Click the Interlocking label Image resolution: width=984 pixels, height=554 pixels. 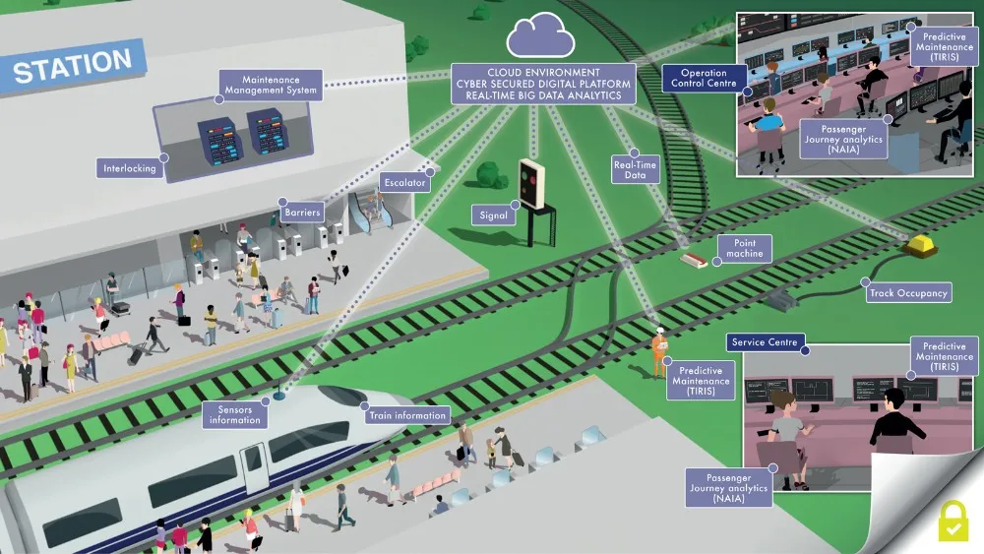(x=130, y=168)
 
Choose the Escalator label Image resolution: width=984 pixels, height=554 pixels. (x=405, y=183)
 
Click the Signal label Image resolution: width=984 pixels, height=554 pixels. (x=493, y=215)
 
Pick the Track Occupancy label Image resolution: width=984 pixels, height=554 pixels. (x=908, y=292)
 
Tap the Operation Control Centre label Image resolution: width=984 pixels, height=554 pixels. (x=704, y=78)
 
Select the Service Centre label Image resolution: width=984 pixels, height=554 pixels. (x=766, y=343)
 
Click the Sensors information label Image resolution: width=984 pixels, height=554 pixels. (x=234, y=414)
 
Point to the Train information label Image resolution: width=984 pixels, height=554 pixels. (x=406, y=415)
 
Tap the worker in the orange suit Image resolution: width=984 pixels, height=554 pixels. (x=659, y=351)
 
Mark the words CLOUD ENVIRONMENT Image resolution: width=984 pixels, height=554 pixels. (x=543, y=72)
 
